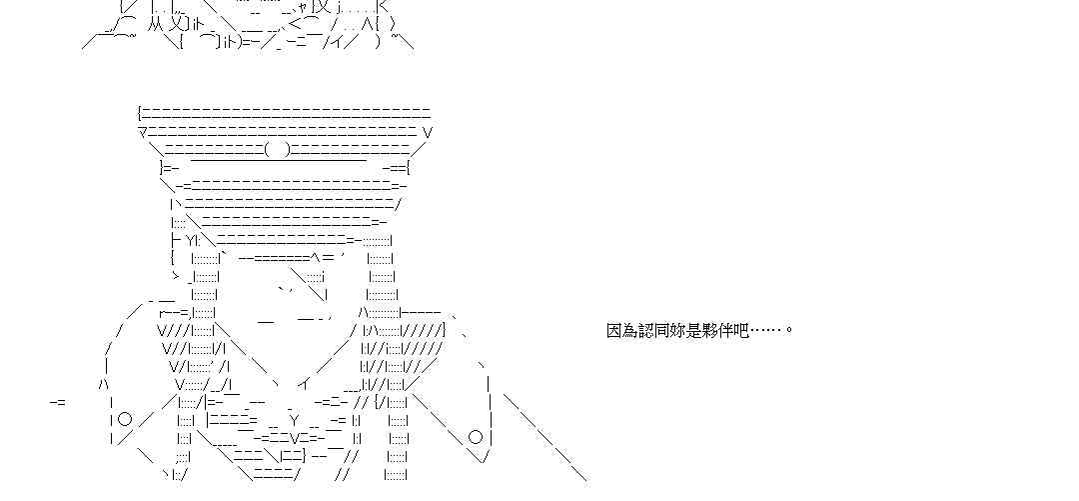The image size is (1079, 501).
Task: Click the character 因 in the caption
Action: point(613,330)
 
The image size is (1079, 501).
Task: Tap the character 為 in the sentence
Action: point(629,330)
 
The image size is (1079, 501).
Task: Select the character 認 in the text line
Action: point(645,330)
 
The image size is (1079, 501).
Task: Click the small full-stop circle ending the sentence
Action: point(789,331)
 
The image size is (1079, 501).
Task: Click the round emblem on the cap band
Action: point(279,150)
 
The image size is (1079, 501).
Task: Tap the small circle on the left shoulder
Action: point(125,419)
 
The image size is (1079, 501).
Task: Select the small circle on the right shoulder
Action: point(476,436)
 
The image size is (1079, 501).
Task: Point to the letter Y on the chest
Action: point(295,420)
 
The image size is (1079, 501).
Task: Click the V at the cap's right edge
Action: point(428,132)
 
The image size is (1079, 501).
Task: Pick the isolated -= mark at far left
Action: point(58,402)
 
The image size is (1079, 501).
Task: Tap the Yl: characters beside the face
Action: point(193,240)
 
